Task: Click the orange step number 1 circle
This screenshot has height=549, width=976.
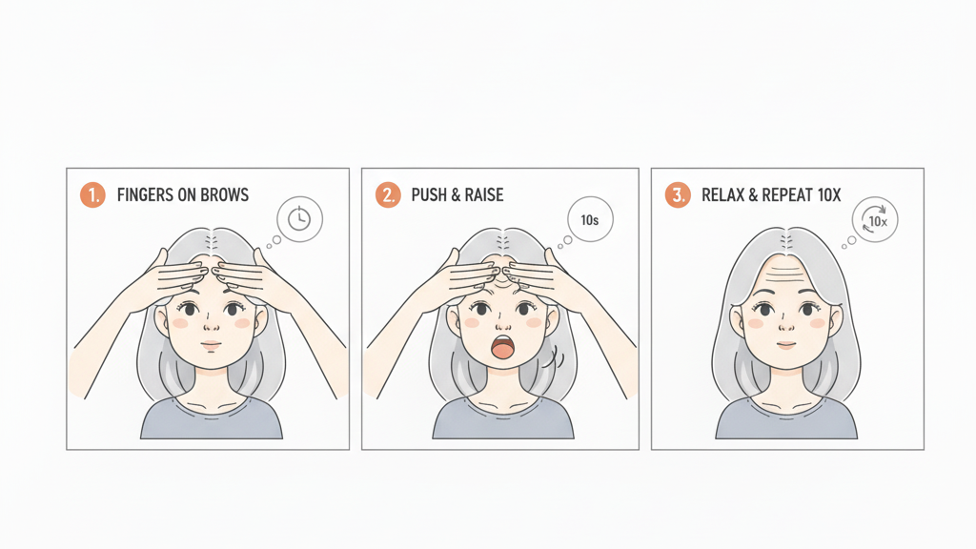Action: point(92,195)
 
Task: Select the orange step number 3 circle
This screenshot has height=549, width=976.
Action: point(677,195)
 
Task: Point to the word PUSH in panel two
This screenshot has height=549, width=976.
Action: point(429,195)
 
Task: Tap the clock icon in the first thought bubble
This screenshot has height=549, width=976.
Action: point(299,219)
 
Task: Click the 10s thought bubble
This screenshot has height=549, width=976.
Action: point(589,220)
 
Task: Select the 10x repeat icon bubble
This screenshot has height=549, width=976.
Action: point(875,220)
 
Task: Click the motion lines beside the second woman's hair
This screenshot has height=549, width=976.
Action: point(551,361)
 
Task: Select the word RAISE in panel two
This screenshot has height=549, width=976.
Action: point(483,195)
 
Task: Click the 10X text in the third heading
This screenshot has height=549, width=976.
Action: point(829,195)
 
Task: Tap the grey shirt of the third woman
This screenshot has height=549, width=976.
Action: point(786,419)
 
